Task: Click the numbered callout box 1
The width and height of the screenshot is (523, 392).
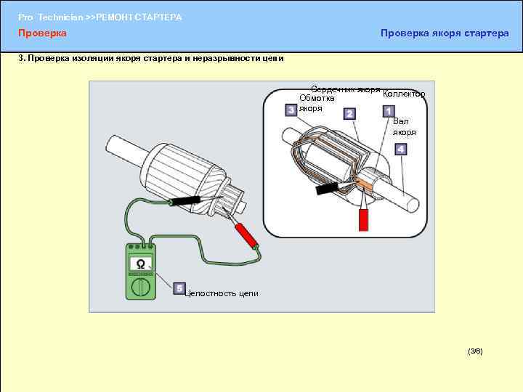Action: coord(389,111)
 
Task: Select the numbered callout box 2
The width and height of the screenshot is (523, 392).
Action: coord(349,114)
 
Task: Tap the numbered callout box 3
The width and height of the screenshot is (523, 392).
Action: coord(291,110)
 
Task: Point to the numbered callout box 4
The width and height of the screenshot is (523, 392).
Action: coord(400,149)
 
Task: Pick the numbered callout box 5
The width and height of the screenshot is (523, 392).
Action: coord(179,288)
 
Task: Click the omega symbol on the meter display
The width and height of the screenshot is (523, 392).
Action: coord(141,265)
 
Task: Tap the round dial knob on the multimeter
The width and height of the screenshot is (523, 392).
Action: coord(141,287)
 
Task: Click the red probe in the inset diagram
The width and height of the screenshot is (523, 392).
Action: coord(364,219)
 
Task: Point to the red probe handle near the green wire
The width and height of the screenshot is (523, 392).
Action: coord(247,236)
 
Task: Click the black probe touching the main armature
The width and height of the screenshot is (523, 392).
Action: coord(185,200)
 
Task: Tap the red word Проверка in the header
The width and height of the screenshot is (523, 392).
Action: coord(42,33)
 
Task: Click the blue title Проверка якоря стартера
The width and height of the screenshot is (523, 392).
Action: coord(445,33)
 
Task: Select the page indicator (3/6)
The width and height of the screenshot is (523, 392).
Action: coord(475,351)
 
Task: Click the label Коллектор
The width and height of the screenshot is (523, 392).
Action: coord(404,94)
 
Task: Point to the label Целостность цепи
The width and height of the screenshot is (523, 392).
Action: coord(222,293)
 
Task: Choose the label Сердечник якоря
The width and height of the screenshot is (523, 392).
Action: coord(346,89)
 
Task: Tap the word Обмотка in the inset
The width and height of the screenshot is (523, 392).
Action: coord(317,98)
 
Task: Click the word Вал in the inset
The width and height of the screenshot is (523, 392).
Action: coord(400,121)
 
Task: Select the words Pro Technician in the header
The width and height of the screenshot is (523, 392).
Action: coord(50,17)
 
